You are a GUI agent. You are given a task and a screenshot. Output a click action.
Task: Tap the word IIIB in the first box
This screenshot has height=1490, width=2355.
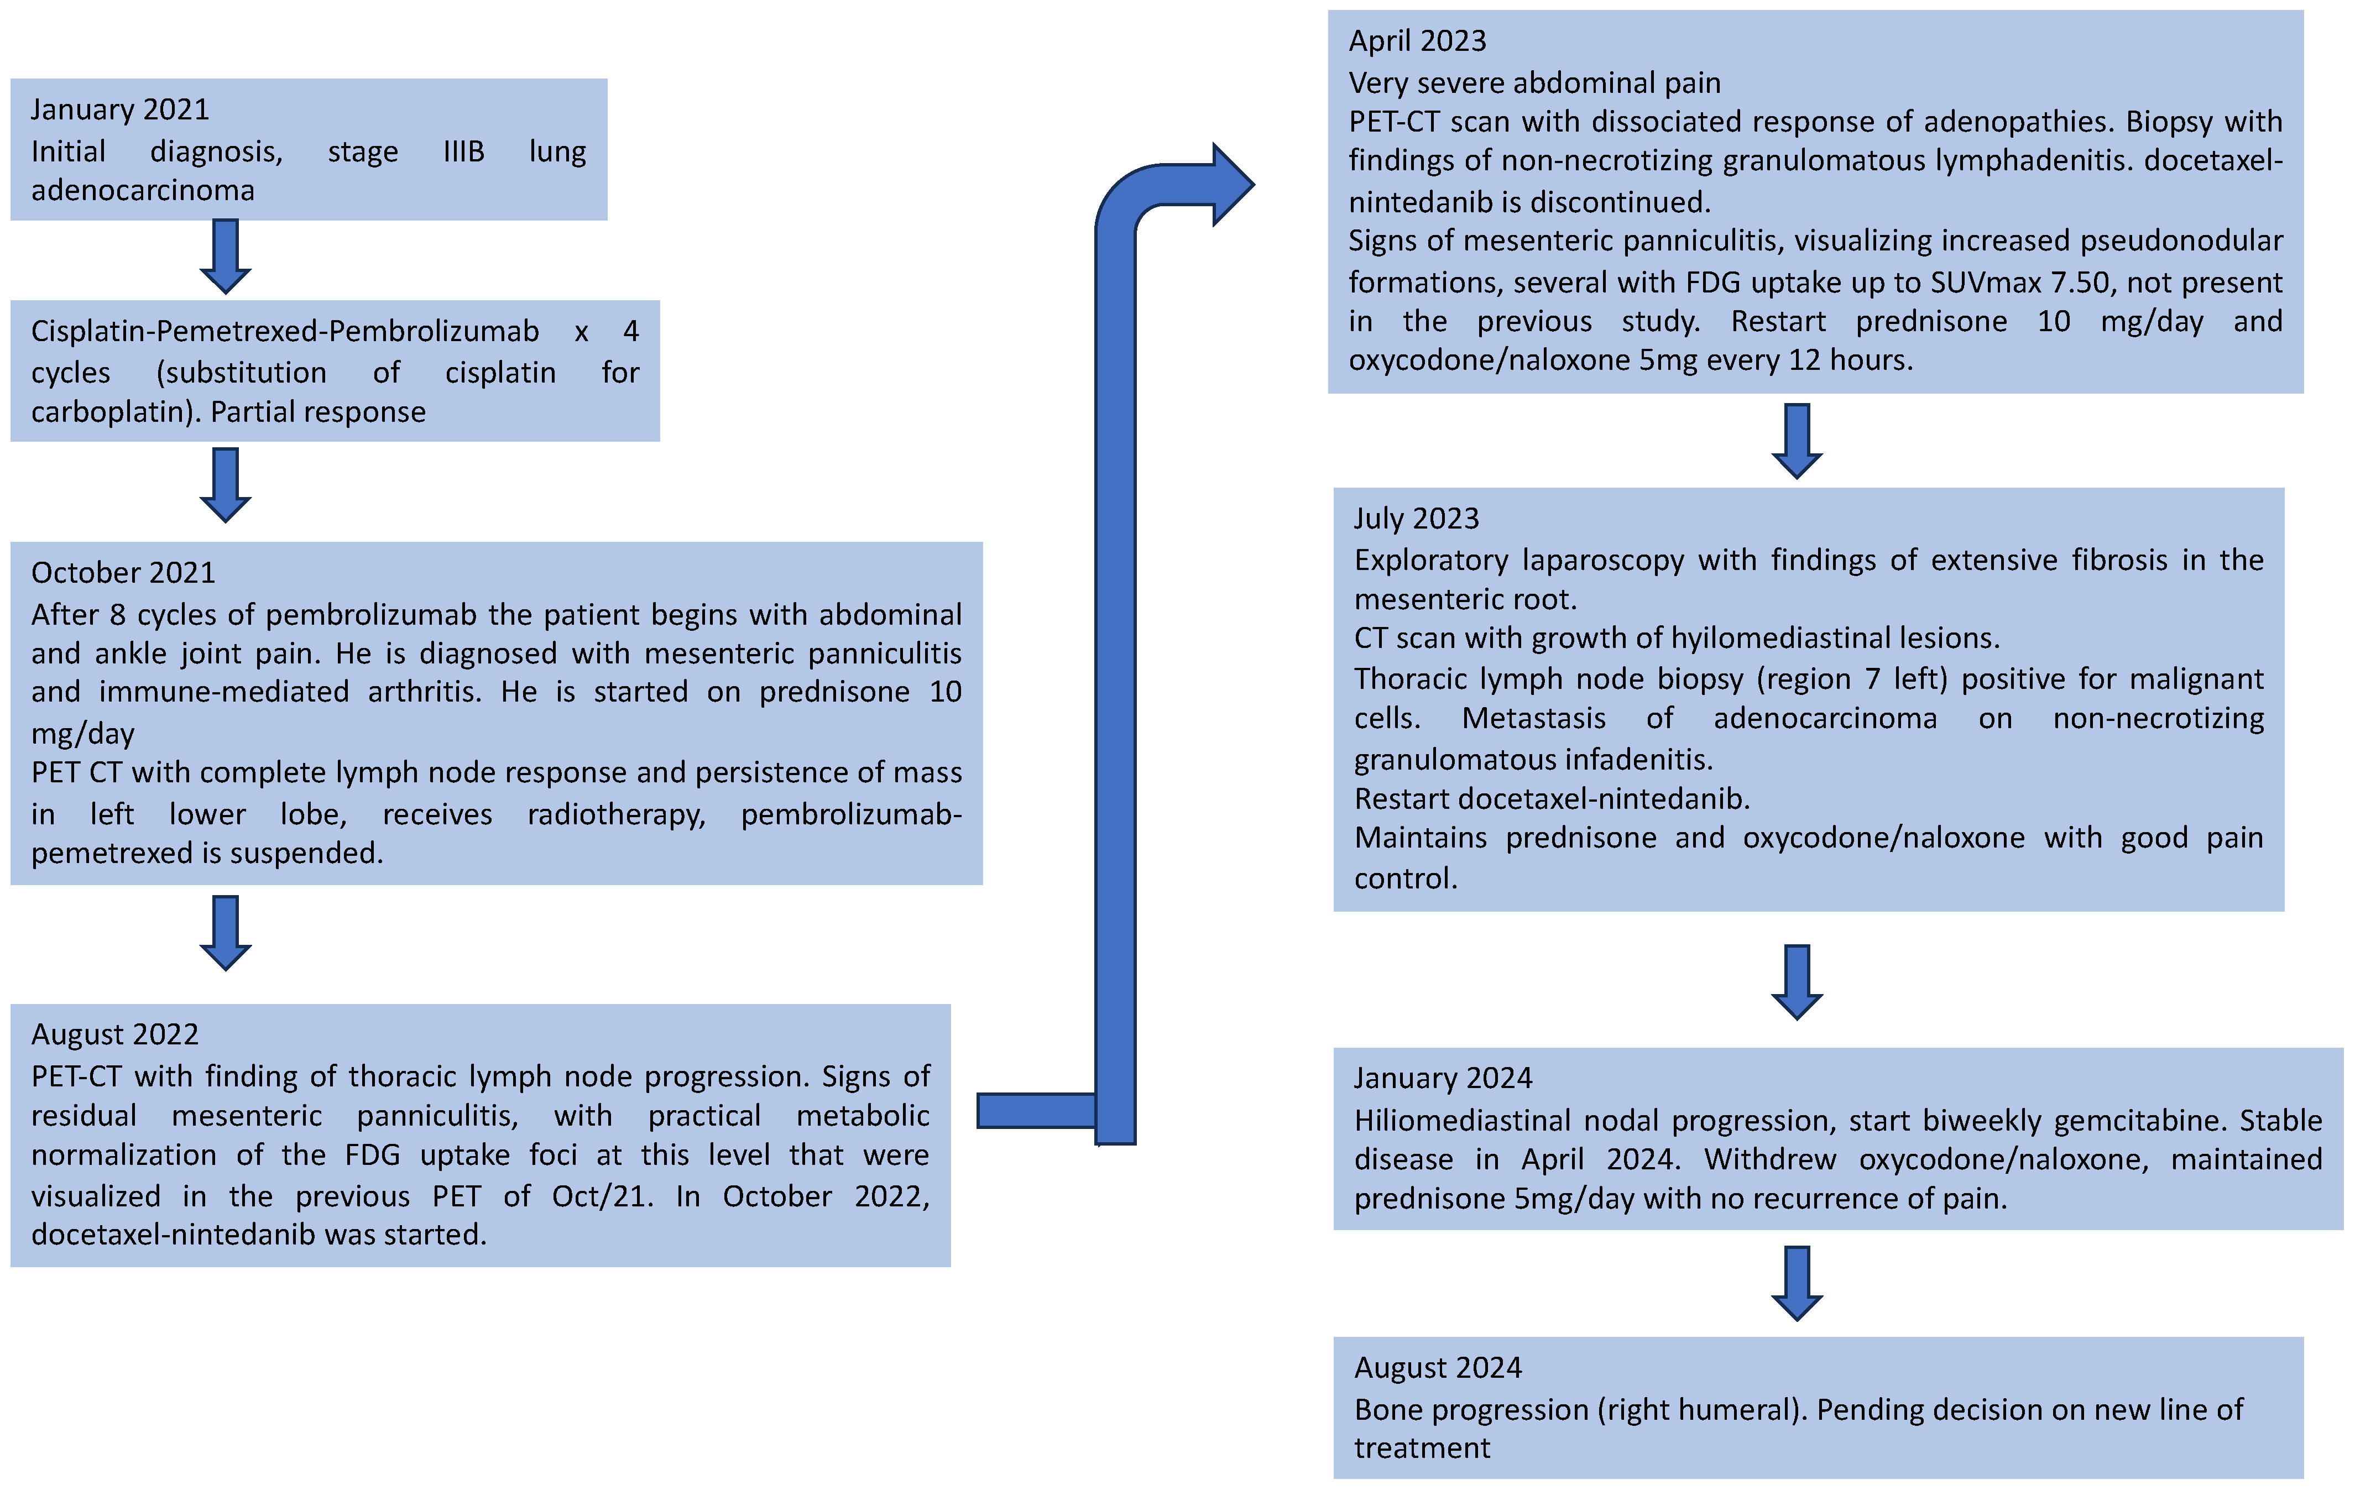pos(463,151)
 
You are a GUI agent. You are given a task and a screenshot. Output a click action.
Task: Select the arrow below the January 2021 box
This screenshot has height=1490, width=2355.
pos(225,256)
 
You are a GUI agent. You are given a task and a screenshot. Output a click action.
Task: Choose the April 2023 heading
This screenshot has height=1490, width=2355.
pos(1417,40)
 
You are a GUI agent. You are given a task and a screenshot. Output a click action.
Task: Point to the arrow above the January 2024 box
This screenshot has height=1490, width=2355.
pos(1797,981)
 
